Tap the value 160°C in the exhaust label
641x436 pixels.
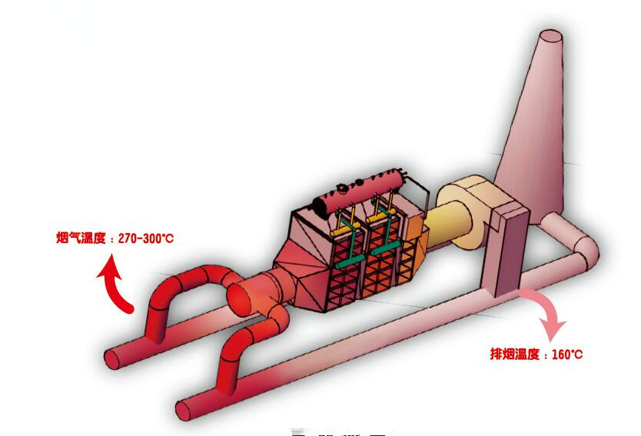[x=567, y=354]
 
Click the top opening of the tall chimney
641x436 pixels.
[x=550, y=37]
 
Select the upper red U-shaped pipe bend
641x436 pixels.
[x=184, y=288]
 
